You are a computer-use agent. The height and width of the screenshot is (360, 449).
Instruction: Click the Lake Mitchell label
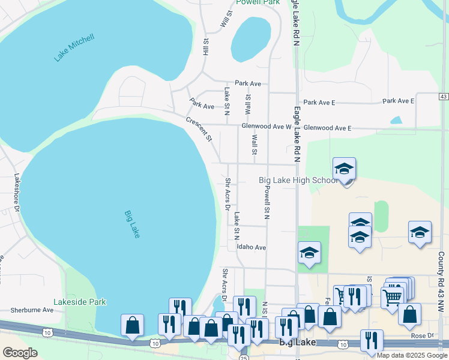point(74,48)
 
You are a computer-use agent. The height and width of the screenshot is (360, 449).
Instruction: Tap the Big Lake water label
point(132,224)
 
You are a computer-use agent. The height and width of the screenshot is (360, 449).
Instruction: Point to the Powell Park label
point(258,3)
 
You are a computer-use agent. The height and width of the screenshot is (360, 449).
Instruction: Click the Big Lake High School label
point(298,180)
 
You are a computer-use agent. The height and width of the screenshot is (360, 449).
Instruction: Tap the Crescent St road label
point(199,129)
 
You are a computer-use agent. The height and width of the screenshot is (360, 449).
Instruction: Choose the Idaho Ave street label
point(251,247)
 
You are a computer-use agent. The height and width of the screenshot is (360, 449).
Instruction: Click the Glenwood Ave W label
point(266,127)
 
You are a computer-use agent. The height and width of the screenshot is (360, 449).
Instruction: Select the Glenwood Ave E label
point(327,128)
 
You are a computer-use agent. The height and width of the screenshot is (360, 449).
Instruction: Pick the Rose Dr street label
point(422,335)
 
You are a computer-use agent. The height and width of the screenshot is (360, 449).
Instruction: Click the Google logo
point(20,353)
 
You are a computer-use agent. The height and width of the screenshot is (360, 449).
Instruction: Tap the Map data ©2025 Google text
point(412,355)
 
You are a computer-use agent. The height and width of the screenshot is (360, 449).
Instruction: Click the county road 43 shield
point(444,97)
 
